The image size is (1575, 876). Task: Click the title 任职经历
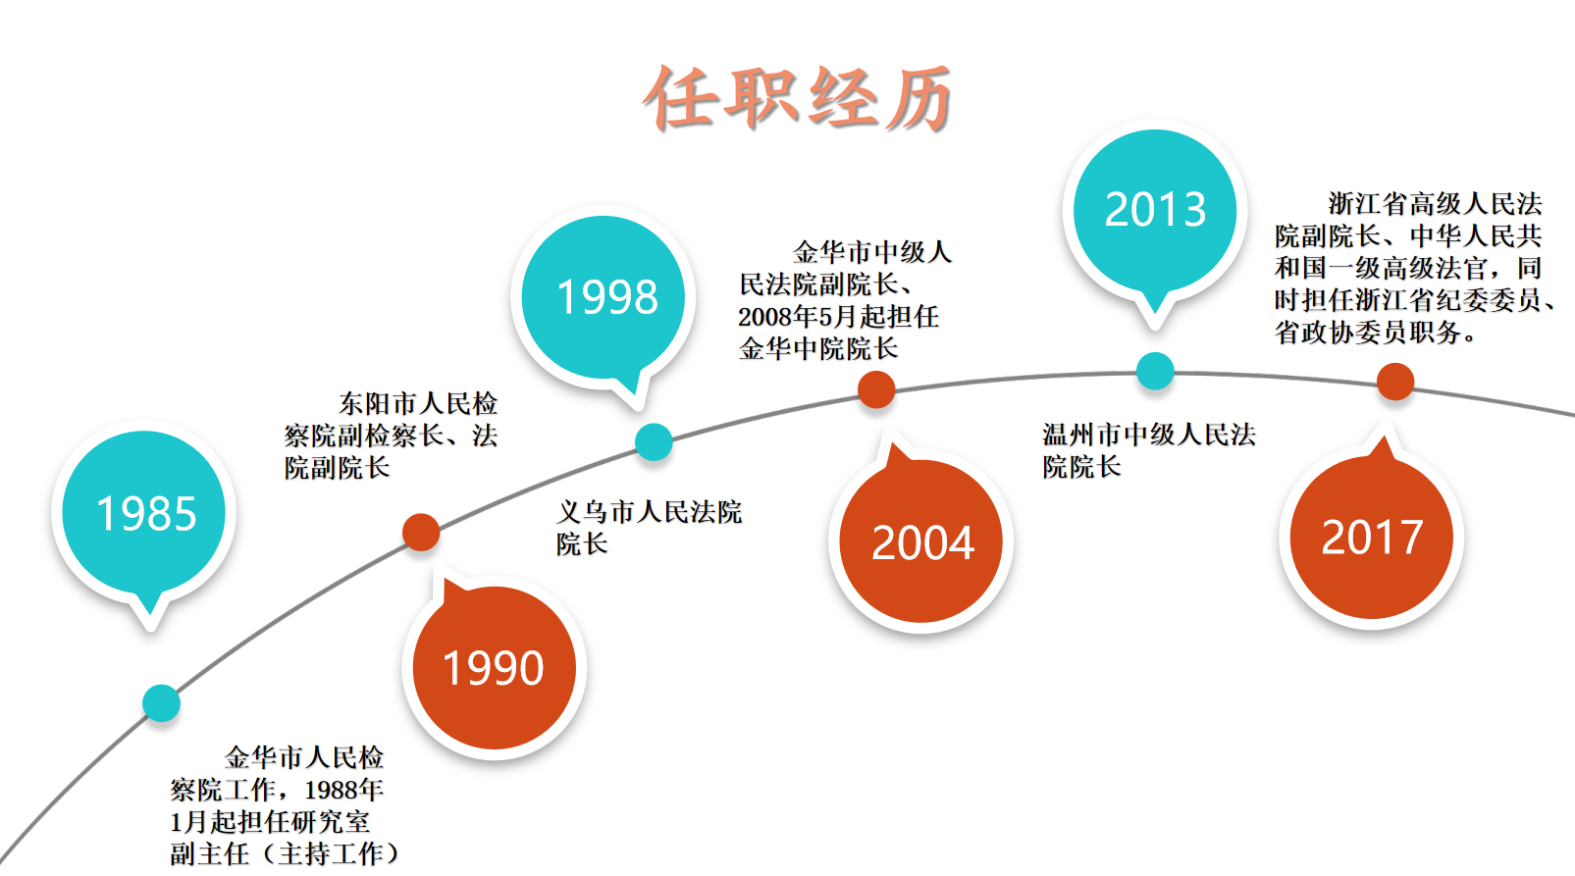coord(798,97)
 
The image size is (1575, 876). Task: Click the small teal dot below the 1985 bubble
coord(161,703)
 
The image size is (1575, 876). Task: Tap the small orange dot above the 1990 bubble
coord(421,533)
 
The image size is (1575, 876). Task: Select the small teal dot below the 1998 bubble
coord(654,442)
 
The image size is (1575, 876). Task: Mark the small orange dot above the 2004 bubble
coord(876,388)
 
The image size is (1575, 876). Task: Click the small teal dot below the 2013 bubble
coord(1155,371)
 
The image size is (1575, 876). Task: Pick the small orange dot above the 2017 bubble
coord(1395,382)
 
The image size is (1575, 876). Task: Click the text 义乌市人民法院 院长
coord(649,528)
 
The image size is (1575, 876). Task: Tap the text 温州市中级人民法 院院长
coord(1149,450)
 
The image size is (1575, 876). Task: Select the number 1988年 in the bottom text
coord(343,791)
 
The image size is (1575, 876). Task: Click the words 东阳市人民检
coord(418,403)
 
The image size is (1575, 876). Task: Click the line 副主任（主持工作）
coord(285,854)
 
